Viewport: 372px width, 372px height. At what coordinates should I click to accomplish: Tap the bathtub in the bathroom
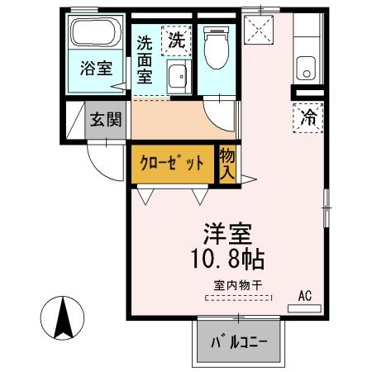coord(95,34)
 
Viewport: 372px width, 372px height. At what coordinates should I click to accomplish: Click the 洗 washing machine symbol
coord(174,39)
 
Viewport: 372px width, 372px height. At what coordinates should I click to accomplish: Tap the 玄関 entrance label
coord(106,118)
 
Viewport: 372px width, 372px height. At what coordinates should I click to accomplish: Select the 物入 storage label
coord(226,163)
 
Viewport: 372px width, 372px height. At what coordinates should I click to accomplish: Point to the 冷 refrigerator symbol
coord(308,118)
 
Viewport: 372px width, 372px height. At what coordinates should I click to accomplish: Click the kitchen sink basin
coord(308,67)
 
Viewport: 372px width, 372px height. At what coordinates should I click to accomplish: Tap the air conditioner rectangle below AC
coord(303,308)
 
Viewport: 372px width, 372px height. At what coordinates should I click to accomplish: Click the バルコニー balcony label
coord(237,342)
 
